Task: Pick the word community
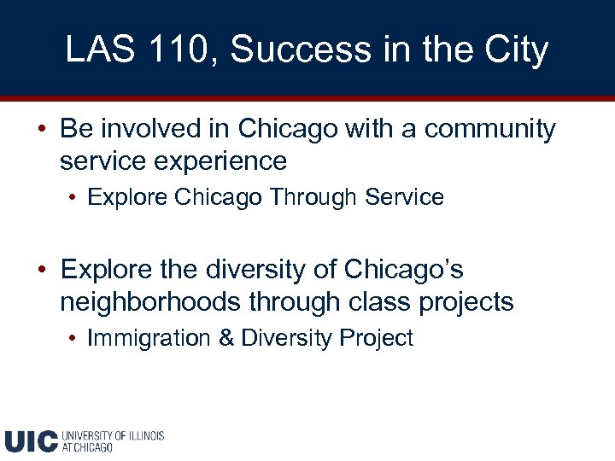pos(490,129)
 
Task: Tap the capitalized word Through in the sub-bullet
pos(313,197)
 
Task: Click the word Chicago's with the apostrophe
pos(403,270)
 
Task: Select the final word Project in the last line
pos(376,338)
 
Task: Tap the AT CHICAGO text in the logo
pos(87,447)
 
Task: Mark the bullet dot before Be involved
pos(42,130)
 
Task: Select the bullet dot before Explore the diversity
pos(42,271)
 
